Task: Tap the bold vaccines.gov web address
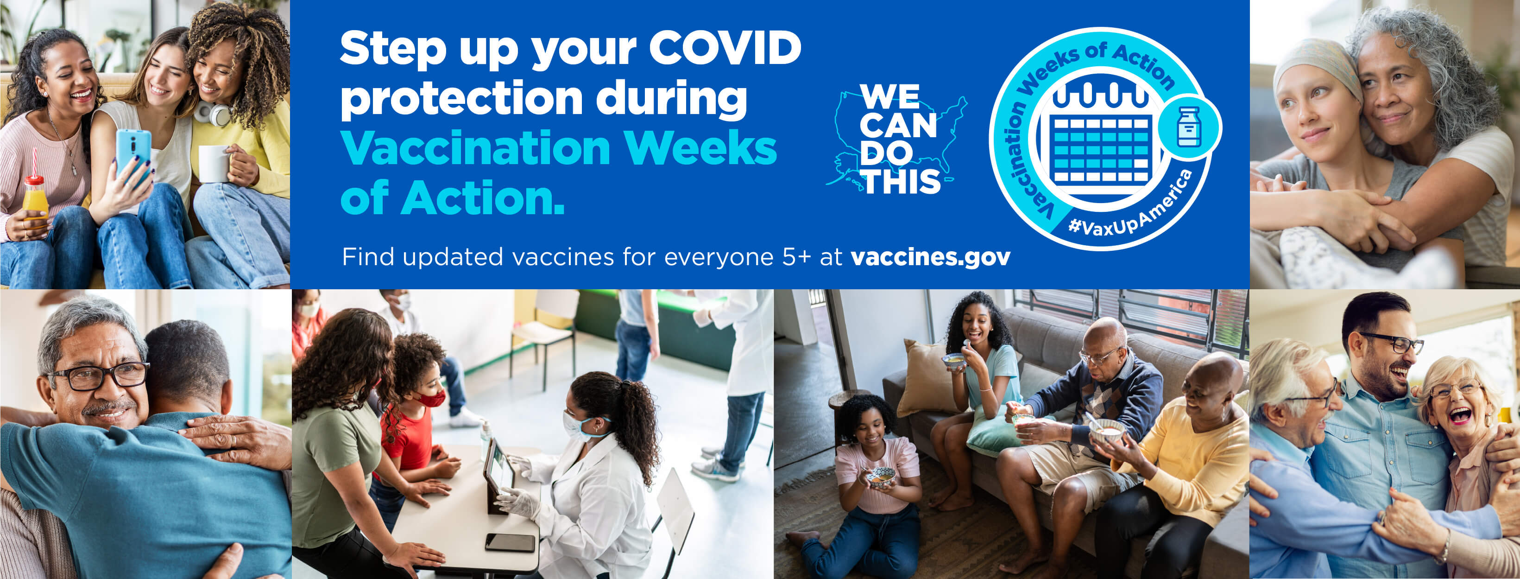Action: [x=931, y=257]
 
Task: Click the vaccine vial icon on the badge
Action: [x=1189, y=126]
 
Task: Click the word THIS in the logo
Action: [x=902, y=181]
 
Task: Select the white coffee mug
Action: [x=213, y=164]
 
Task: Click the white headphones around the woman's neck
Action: [x=213, y=113]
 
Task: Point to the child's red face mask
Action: [x=432, y=398]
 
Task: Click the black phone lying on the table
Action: [x=510, y=542]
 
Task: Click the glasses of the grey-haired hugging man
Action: [x=99, y=375]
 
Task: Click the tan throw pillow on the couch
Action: [x=927, y=378]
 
